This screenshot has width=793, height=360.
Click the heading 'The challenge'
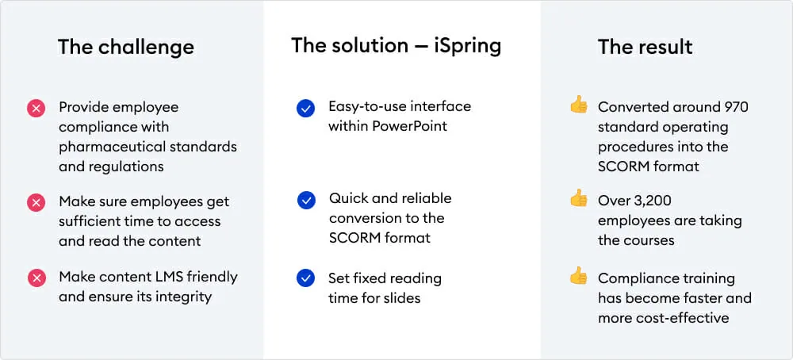[x=126, y=47]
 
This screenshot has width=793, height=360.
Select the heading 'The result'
[x=646, y=47]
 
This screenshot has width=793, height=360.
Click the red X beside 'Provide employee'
[x=36, y=109]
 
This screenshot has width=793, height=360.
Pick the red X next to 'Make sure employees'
[x=36, y=203]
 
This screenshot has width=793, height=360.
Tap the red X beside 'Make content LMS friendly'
[x=36, y=278]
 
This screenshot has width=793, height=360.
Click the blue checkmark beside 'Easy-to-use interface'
[x=305, y=108]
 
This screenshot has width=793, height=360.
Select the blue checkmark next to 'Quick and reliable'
[x=305, y=201]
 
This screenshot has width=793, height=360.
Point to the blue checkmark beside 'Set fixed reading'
[x=305, y=278]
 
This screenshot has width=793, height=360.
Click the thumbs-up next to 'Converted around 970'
[x=579, y=105]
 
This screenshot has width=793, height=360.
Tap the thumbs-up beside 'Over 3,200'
[x=579, y=198]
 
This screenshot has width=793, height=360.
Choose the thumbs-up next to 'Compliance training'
[x=579, y=276]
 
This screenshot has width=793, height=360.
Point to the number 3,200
[x=649, y=201]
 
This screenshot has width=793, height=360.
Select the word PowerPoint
[x=410, y=126]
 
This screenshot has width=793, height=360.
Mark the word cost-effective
[x=683, y=318]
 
